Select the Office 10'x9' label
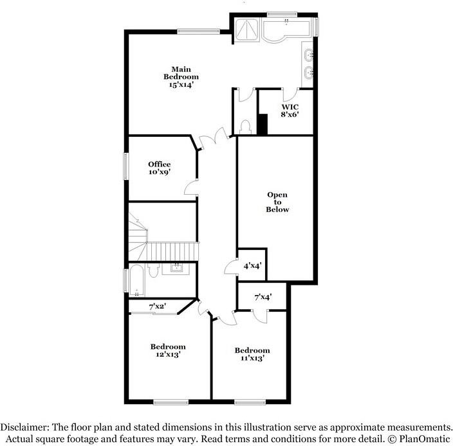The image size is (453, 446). (x=159, y=168)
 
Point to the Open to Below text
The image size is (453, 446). (x=277, y=202)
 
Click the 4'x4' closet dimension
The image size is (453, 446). (x=252, y=265)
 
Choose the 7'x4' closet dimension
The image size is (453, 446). (x=262, y=297)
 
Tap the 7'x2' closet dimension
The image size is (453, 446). (x=156, y=306)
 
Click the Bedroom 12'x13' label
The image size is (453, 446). (x=167, y=350)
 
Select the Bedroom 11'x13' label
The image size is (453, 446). (x=252, y=354)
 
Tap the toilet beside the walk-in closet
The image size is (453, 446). (x=245, y=127)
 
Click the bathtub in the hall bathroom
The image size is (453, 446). (x=137, y=280)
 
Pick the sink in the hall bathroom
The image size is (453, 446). (x=174, y=268)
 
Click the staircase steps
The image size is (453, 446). (x=171, y=251)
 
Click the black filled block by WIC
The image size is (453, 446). (x=262, y=124)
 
